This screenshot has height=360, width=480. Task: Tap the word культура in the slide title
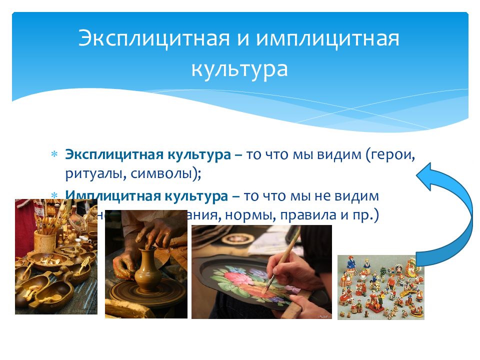(x=239, y=69)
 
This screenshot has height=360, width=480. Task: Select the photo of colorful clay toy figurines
(x=380, y=287)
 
